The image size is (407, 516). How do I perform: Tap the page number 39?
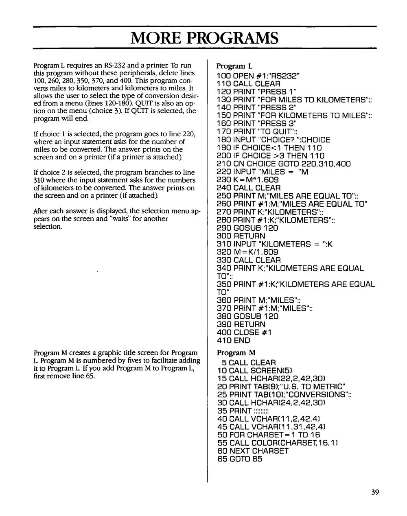pos(375,492)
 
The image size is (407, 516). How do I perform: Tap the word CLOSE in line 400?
pos(247,332)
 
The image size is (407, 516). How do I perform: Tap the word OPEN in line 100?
pos(244,75)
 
